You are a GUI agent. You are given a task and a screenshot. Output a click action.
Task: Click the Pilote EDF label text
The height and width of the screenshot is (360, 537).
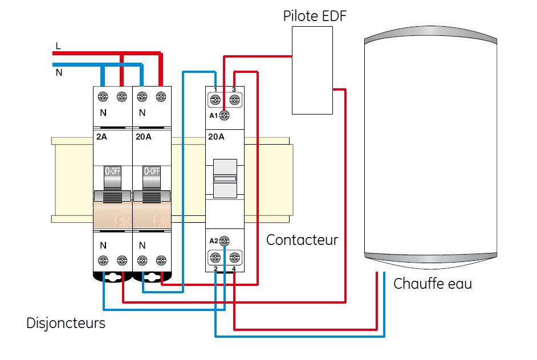coord(315,16)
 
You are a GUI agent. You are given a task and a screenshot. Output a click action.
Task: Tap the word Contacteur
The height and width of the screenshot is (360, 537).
coord(302,240)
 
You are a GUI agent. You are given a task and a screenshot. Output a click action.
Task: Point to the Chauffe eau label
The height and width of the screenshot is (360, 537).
coord(432,283)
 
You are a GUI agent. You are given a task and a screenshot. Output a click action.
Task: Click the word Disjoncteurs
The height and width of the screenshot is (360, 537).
coord(66,323)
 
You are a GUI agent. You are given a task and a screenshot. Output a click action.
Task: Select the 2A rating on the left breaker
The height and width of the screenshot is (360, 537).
coord(101,137)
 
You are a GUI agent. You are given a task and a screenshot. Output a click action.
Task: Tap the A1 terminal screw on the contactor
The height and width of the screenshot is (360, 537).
coord(225,116)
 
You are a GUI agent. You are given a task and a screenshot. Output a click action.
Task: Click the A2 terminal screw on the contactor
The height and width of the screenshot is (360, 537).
coord(225,240)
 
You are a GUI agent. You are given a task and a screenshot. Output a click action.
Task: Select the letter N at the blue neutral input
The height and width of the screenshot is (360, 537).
coord(59,73)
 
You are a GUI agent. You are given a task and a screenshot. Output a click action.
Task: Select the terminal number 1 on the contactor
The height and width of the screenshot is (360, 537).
coord(215,90)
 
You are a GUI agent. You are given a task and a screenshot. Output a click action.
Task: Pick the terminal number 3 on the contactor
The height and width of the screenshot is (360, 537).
coord(234,90)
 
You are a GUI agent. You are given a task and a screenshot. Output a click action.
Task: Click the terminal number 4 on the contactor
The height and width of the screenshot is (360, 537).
coord(234,268)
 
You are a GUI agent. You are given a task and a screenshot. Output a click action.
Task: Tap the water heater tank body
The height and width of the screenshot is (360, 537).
coord(430,148)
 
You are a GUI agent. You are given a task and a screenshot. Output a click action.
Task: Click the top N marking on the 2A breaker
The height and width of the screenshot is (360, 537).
coord(103,113)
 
